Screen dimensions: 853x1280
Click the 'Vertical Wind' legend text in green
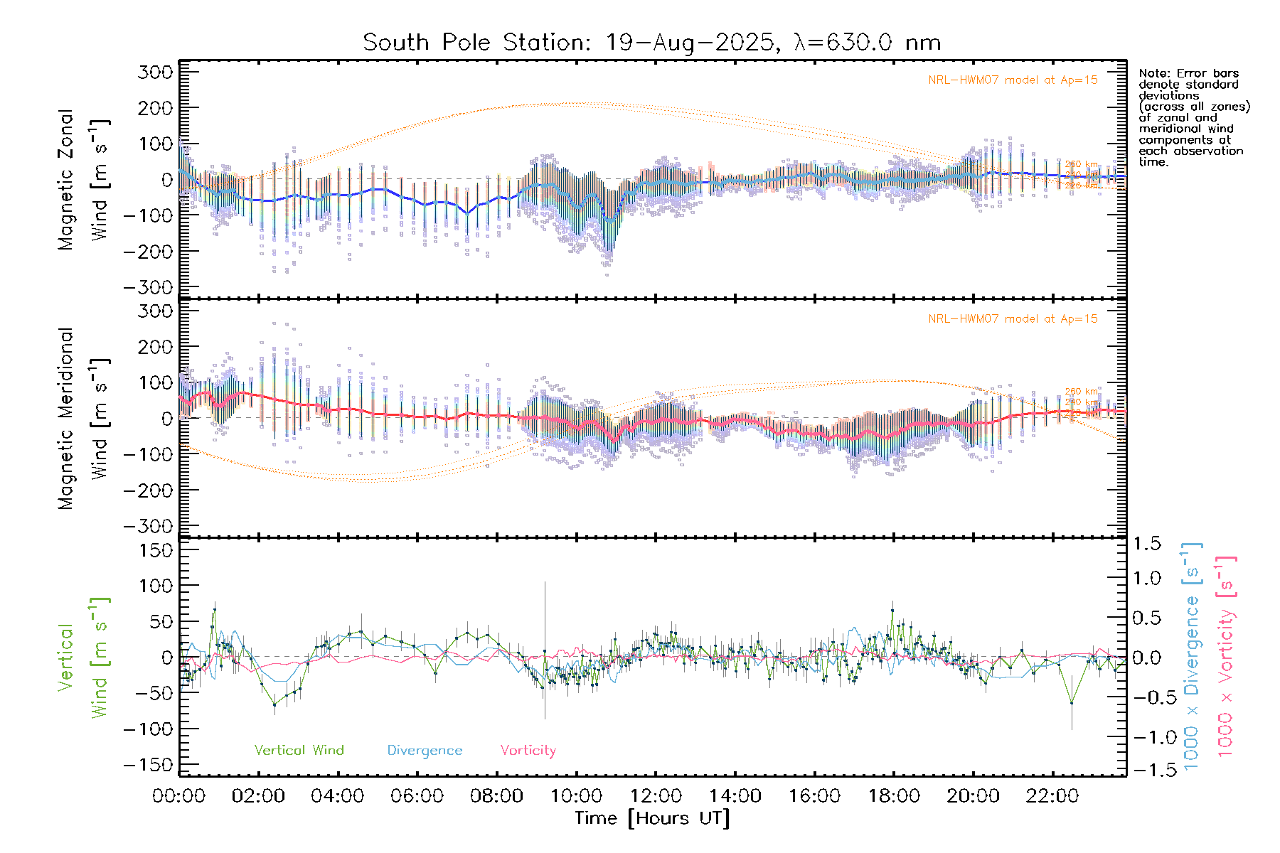point(299,750)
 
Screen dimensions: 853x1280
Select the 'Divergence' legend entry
point(425,751)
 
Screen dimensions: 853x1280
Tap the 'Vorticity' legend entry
point(528,750)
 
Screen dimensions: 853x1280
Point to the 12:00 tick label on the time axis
point(656,796)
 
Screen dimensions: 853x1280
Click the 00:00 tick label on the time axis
point(179,796)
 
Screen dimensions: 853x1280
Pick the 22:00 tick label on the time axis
point(1052,796)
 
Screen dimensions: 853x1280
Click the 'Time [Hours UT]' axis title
point(652,818)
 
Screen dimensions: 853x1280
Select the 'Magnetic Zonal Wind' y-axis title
point(83,180)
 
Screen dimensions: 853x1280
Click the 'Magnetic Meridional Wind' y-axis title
point(83,419)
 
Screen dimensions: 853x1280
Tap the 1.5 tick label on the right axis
point(1147,544)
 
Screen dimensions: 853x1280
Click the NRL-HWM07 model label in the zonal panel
point(1013,80)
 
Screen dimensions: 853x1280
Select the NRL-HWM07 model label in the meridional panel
point(1013,319)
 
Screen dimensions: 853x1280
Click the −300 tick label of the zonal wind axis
point(148,288)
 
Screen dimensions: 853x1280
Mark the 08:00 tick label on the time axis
point(496,796)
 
